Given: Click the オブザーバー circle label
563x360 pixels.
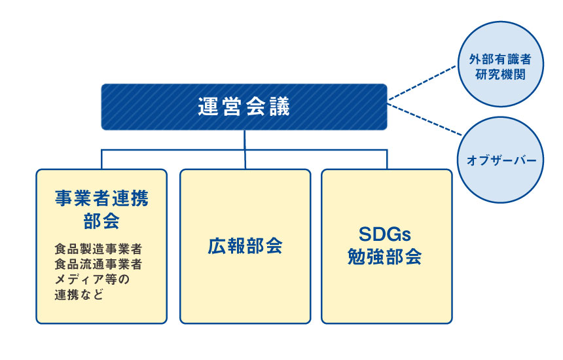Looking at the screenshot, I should (501, 160).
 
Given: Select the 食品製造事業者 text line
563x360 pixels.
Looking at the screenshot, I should (99, 250).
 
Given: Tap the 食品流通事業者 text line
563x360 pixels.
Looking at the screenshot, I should (99, 264).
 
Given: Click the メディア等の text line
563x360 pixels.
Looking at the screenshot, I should (92, 279).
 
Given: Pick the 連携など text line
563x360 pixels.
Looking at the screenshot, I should (79, 295).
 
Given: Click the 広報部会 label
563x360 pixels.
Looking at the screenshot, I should (245, 246).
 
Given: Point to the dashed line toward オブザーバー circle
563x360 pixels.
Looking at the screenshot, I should (422, 120).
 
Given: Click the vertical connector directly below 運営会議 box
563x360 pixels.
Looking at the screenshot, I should (244, 139).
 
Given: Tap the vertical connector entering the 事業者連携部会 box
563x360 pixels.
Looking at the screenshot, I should (101, 160).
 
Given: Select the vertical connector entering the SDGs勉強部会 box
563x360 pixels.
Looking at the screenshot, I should (386, 160).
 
